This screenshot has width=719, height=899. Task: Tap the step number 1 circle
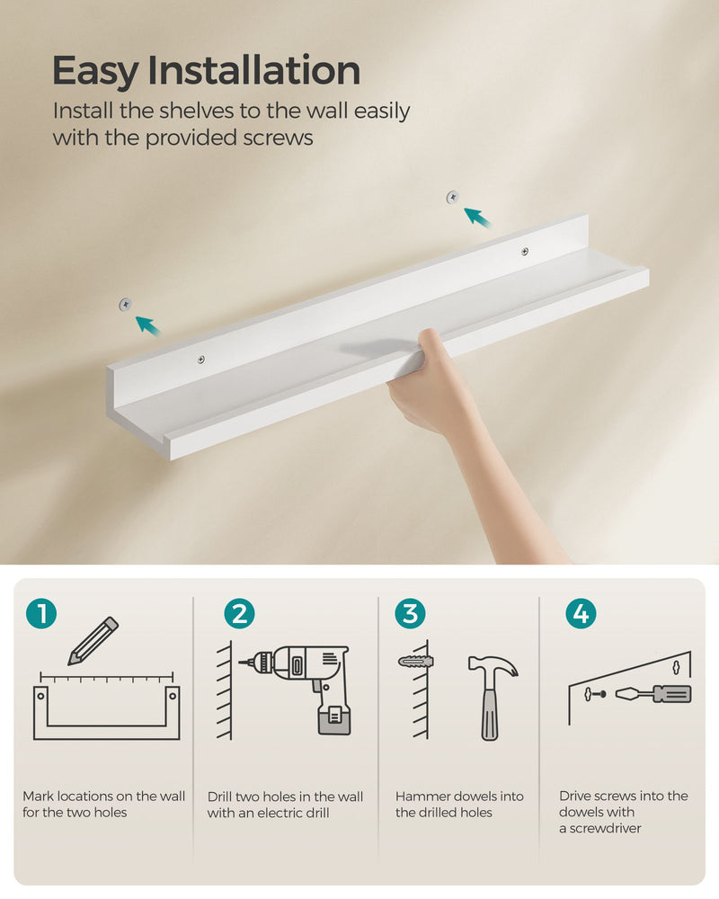coord(41,614)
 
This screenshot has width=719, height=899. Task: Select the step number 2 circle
coord(239,614)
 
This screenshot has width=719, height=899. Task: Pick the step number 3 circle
coord(410,614)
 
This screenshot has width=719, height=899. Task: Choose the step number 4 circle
coord(581,614)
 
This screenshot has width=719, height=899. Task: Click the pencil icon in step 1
coord(93,640)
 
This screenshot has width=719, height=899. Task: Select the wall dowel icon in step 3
coord(415,662)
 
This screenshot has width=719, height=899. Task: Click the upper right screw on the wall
coord(453,195)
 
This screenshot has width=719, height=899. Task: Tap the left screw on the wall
coord(123,306)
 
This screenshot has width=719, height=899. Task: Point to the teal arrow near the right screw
coord(478,217)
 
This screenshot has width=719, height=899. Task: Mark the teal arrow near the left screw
coord(148,325)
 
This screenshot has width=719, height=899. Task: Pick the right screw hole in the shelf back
coord(525,252)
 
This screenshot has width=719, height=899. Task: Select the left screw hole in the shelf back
coord(200,360)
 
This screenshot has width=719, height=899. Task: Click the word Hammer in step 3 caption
coord(422,797)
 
